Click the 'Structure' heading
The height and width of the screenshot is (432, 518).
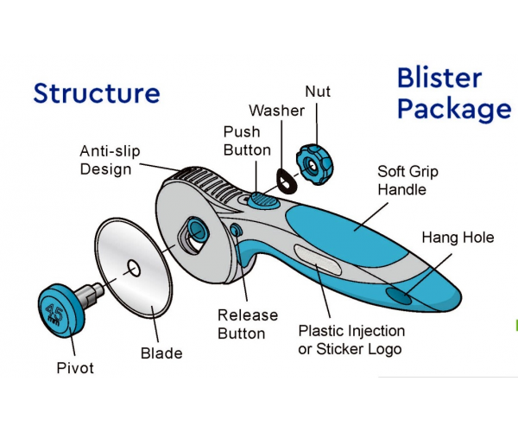click(97, 94)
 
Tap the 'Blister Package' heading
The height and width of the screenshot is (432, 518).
click(455, 94)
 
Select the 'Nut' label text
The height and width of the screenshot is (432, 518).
click(318, 92)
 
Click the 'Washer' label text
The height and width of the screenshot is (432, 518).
click(276, 111)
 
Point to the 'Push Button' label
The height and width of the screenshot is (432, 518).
click(247, 141)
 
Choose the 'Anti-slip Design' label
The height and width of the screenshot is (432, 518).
click(110, 161)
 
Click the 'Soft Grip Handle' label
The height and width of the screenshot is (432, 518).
click(407, 181)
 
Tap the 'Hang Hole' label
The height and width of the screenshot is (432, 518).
click(458, 238)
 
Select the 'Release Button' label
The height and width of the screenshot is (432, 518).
click(248, 324)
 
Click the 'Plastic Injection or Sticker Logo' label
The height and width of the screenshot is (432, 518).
click(351, 340)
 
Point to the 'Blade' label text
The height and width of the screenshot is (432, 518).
click(161, 353)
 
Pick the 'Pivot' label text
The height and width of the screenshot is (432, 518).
click(75, 368)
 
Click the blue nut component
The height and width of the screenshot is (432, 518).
click(315, 164)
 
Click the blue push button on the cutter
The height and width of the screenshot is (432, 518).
click(263, 200)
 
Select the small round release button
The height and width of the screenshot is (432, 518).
click(236, 230)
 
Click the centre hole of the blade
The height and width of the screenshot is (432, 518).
click(134, 268)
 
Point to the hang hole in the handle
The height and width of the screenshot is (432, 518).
click(399, 295)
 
